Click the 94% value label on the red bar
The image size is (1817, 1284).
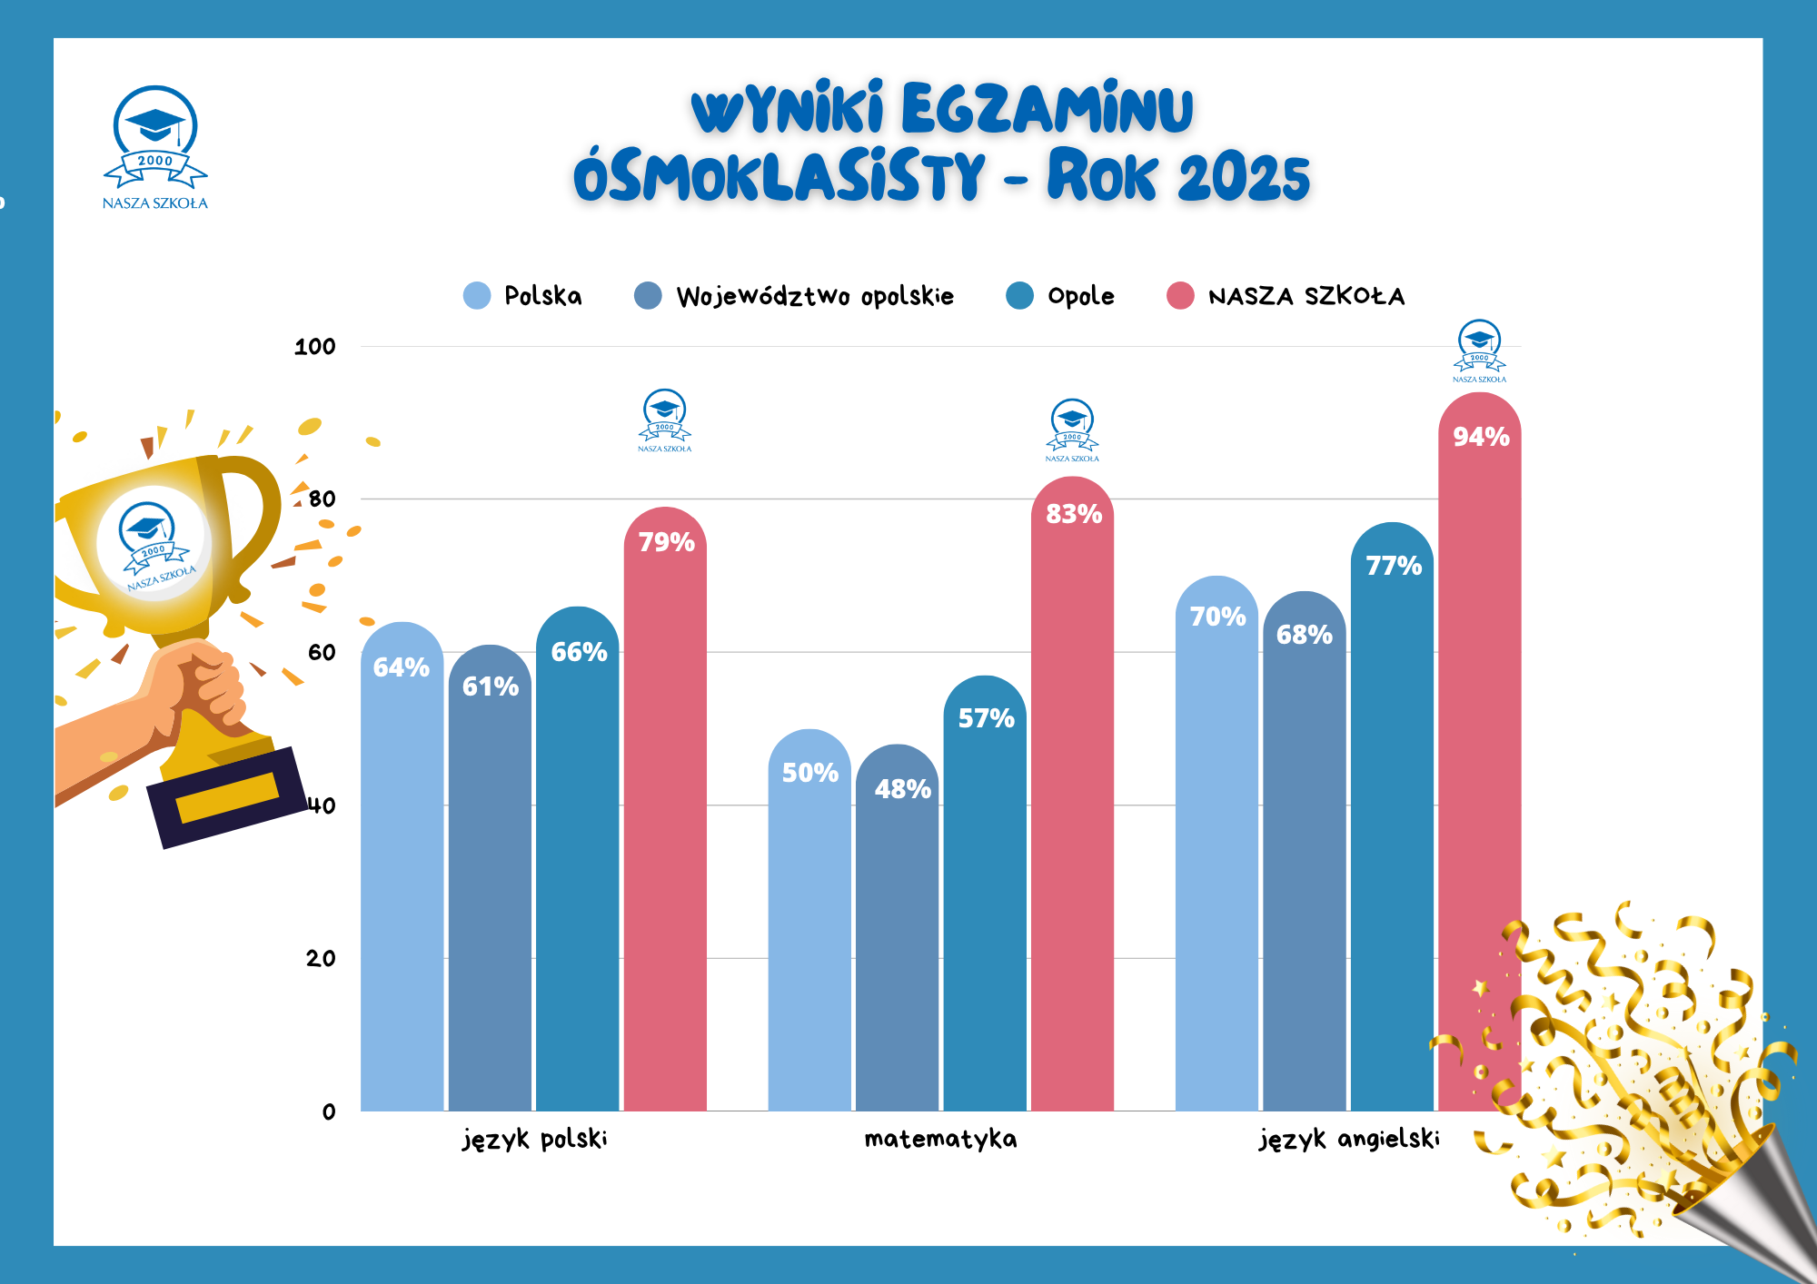(1481, 437)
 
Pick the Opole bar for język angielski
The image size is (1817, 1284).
(1392, 817)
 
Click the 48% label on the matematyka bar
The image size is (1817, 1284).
(902, 789)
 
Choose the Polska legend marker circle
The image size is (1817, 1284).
(477, 295)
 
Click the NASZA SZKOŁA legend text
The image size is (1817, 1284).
(1306, 296)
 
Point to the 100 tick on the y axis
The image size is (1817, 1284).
(315, 346)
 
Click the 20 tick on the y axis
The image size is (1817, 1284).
(321, 958)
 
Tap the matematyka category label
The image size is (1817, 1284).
(940, 1139)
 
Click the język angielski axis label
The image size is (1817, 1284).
(1349, 1139)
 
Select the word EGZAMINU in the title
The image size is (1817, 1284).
(1047, 109)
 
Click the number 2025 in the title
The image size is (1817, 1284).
(1244, 176)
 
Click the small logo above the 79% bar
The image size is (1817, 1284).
(664, 420)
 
